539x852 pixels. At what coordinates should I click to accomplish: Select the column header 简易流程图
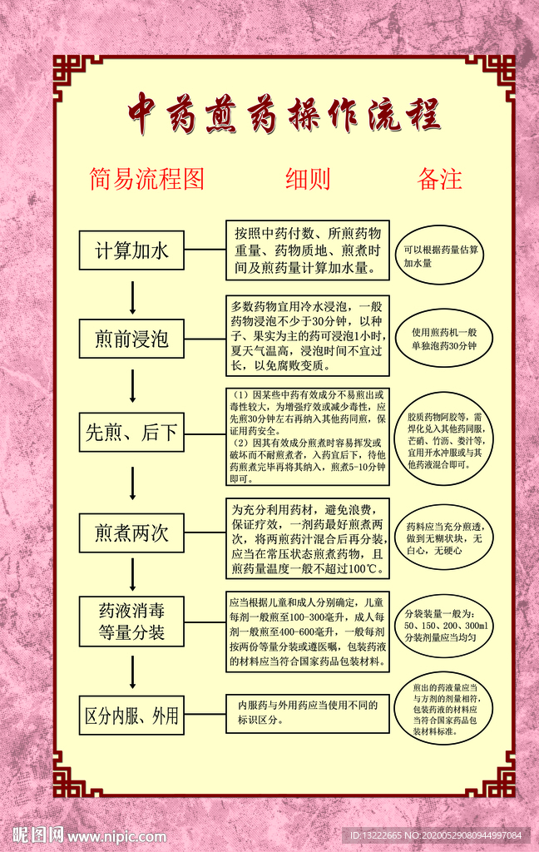146,178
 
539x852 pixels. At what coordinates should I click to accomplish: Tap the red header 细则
308,178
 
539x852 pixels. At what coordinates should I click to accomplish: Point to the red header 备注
439,178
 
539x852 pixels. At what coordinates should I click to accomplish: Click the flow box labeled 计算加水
131,250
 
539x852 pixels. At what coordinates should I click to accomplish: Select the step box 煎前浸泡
131,338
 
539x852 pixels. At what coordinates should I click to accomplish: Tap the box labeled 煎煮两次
131,533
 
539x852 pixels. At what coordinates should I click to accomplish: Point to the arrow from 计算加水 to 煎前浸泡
132,295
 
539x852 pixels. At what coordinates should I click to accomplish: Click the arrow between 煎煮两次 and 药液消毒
132,572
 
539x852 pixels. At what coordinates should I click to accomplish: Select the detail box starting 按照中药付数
308,250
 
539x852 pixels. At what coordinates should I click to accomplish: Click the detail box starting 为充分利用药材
308,538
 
